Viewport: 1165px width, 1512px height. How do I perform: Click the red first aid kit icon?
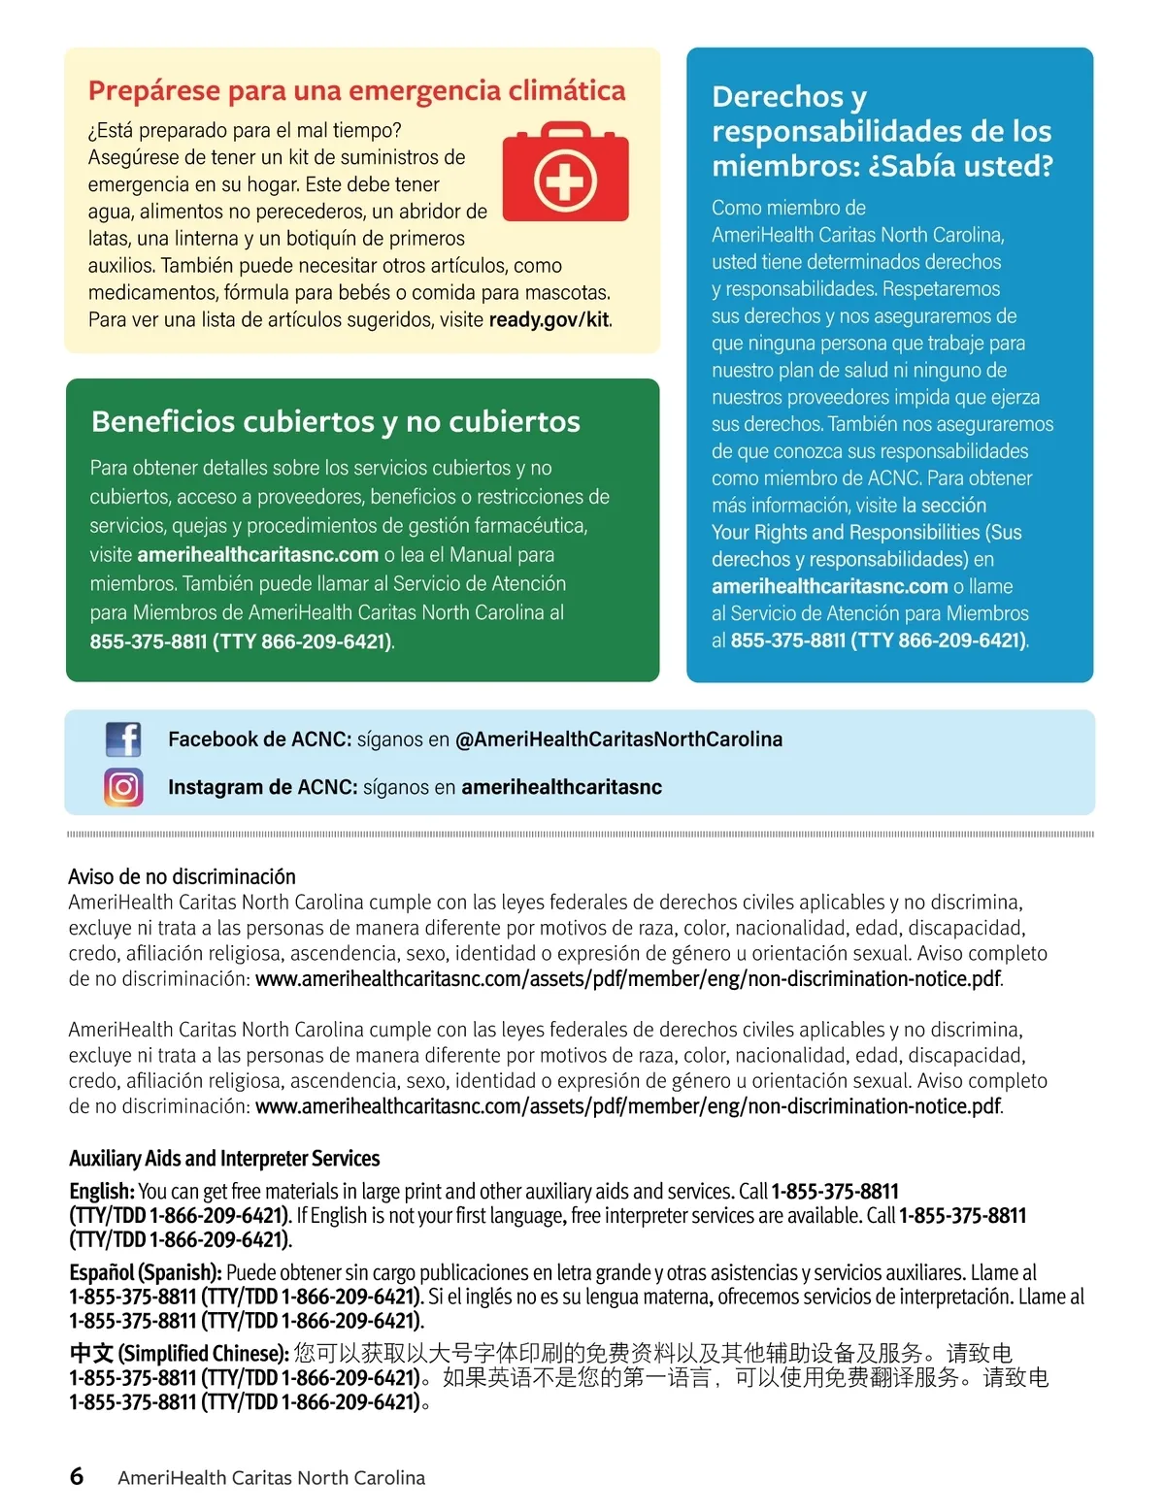[565, 173]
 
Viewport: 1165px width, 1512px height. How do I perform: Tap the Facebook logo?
[123, 740]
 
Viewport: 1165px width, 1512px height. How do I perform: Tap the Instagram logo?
[123, 787]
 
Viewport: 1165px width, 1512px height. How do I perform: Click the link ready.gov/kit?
[549, 319]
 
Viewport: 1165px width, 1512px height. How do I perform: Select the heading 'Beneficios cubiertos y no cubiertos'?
[335, 421]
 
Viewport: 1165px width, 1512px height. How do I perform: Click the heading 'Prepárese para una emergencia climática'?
[356, 90]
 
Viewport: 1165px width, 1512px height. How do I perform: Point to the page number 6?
[77, 1476]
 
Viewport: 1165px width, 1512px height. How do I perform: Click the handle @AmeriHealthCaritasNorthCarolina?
[618, 740]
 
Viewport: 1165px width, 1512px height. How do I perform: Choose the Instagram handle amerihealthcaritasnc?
[561, 787]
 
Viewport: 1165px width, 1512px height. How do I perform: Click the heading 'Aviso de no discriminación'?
[182, 876]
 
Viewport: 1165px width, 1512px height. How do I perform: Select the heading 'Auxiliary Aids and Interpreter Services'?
[224, 1158]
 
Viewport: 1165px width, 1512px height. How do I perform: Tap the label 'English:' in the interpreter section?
[101, 1191]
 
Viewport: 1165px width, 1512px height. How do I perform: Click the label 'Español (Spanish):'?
[146, 1272]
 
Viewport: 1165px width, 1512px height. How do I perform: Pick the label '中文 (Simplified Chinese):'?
[179, 1353]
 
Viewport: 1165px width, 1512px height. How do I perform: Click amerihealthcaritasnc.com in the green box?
[257, 554]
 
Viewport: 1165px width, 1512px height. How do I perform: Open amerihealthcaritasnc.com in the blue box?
[829, 586]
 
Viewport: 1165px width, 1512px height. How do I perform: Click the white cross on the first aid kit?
[565, 181]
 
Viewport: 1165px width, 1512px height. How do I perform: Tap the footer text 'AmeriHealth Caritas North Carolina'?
[271, 1477]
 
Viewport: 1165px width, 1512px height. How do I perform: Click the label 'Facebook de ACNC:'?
[259, 740]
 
